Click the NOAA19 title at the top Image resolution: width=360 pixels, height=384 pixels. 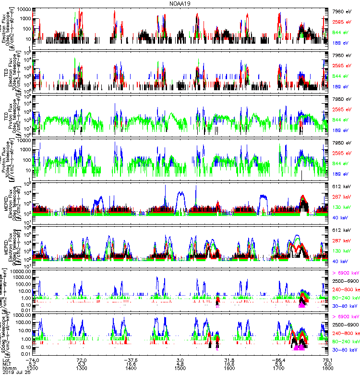[180, 3]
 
